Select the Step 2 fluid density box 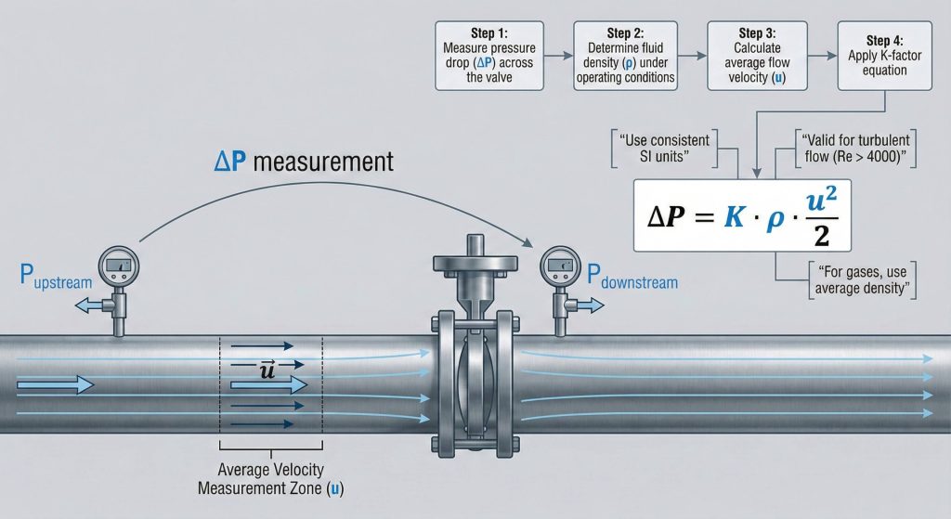624,56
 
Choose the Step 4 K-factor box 878,56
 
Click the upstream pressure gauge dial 119,266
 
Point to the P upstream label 56,275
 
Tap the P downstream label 632,278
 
